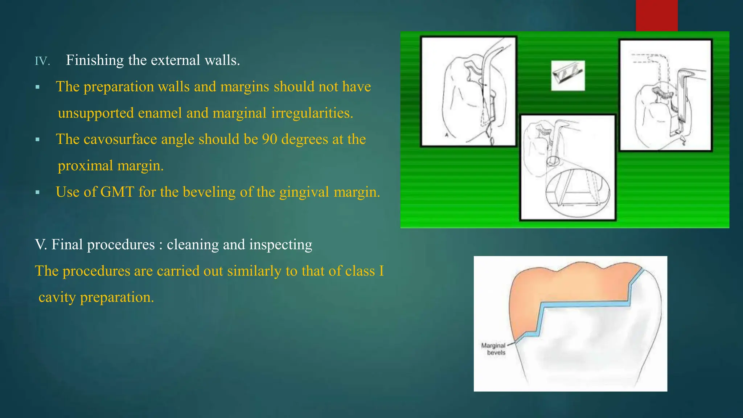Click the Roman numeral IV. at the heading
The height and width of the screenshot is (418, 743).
click(x=42, y=61)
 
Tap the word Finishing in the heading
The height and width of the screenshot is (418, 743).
click(x=95, y=60)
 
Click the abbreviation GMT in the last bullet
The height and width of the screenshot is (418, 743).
click(x=117, y=192)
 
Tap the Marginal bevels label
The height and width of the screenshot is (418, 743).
click(x=493, y=349)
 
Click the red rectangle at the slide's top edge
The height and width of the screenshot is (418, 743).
click(x=656, y=15)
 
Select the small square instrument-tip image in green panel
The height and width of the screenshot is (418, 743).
click(x=568, y=75)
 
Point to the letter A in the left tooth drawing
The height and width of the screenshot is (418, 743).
click(x=447, y=135)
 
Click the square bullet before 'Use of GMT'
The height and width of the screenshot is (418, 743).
click(x=37, y=192)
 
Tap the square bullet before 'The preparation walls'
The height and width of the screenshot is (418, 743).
click(x=37, y=87)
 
